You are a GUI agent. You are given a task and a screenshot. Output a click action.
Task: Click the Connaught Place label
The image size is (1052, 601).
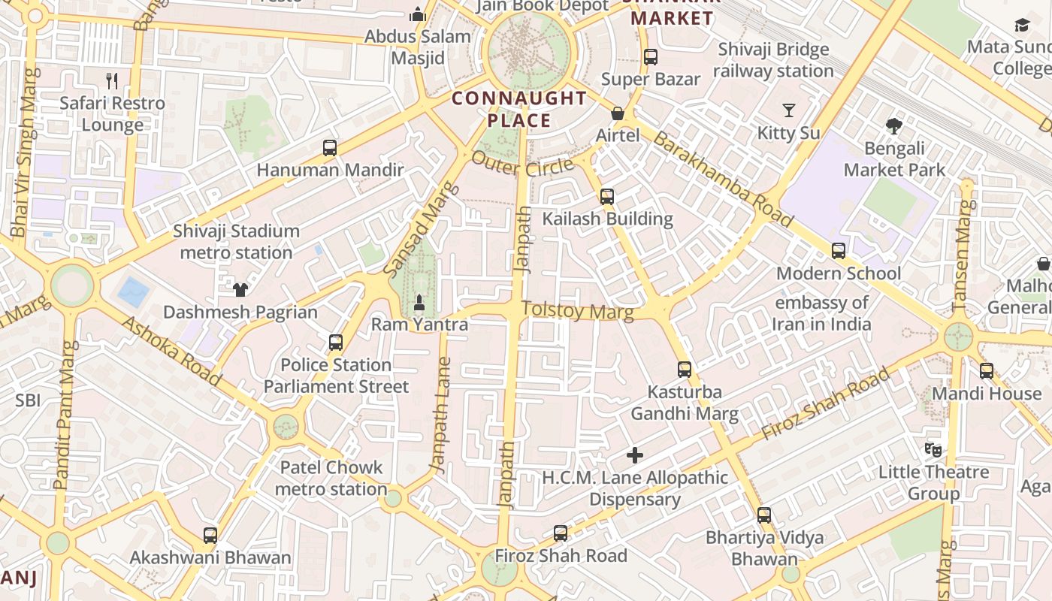pos(519,109)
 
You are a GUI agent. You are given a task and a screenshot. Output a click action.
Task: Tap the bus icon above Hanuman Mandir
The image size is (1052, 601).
pos(330,147)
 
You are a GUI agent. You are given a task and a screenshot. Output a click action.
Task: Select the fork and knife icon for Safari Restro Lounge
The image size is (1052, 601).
pos(112,80)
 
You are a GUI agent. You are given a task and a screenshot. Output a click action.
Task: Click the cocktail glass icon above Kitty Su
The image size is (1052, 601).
pos(788,110)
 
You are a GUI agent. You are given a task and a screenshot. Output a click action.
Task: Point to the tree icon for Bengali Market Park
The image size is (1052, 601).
pos(893,125)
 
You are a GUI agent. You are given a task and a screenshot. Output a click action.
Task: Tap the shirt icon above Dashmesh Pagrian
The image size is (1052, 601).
pos(240,289)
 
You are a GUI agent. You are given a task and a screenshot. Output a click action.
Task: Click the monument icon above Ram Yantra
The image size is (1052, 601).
pos(419,302)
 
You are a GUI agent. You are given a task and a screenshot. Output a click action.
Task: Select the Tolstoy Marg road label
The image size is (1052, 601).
pos(576,310)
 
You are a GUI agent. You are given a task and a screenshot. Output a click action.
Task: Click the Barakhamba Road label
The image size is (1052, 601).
pos(722,179)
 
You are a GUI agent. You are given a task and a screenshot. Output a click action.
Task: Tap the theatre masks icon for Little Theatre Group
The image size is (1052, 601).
pos(933,449)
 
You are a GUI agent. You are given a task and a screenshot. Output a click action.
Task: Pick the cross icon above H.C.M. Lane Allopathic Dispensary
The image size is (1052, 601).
pos(635,455)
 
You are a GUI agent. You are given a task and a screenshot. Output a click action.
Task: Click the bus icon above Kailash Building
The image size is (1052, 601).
pos(607,197)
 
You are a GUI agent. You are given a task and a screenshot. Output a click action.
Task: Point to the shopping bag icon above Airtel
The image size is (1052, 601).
pos(618,113)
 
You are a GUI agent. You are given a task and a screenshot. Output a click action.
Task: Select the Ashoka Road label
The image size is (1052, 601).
pos(171,351)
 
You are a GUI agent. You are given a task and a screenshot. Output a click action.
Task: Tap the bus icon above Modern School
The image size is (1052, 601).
pos(839,251)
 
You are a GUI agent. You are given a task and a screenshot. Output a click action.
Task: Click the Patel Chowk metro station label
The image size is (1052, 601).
pos(331,478)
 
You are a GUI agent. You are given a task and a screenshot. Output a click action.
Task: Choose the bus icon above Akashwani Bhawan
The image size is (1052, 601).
pos(210,535)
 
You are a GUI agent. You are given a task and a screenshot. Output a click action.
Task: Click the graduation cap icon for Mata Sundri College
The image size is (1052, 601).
pos(1022,26)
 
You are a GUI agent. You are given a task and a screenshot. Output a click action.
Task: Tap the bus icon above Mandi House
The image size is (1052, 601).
pos(987,370)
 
